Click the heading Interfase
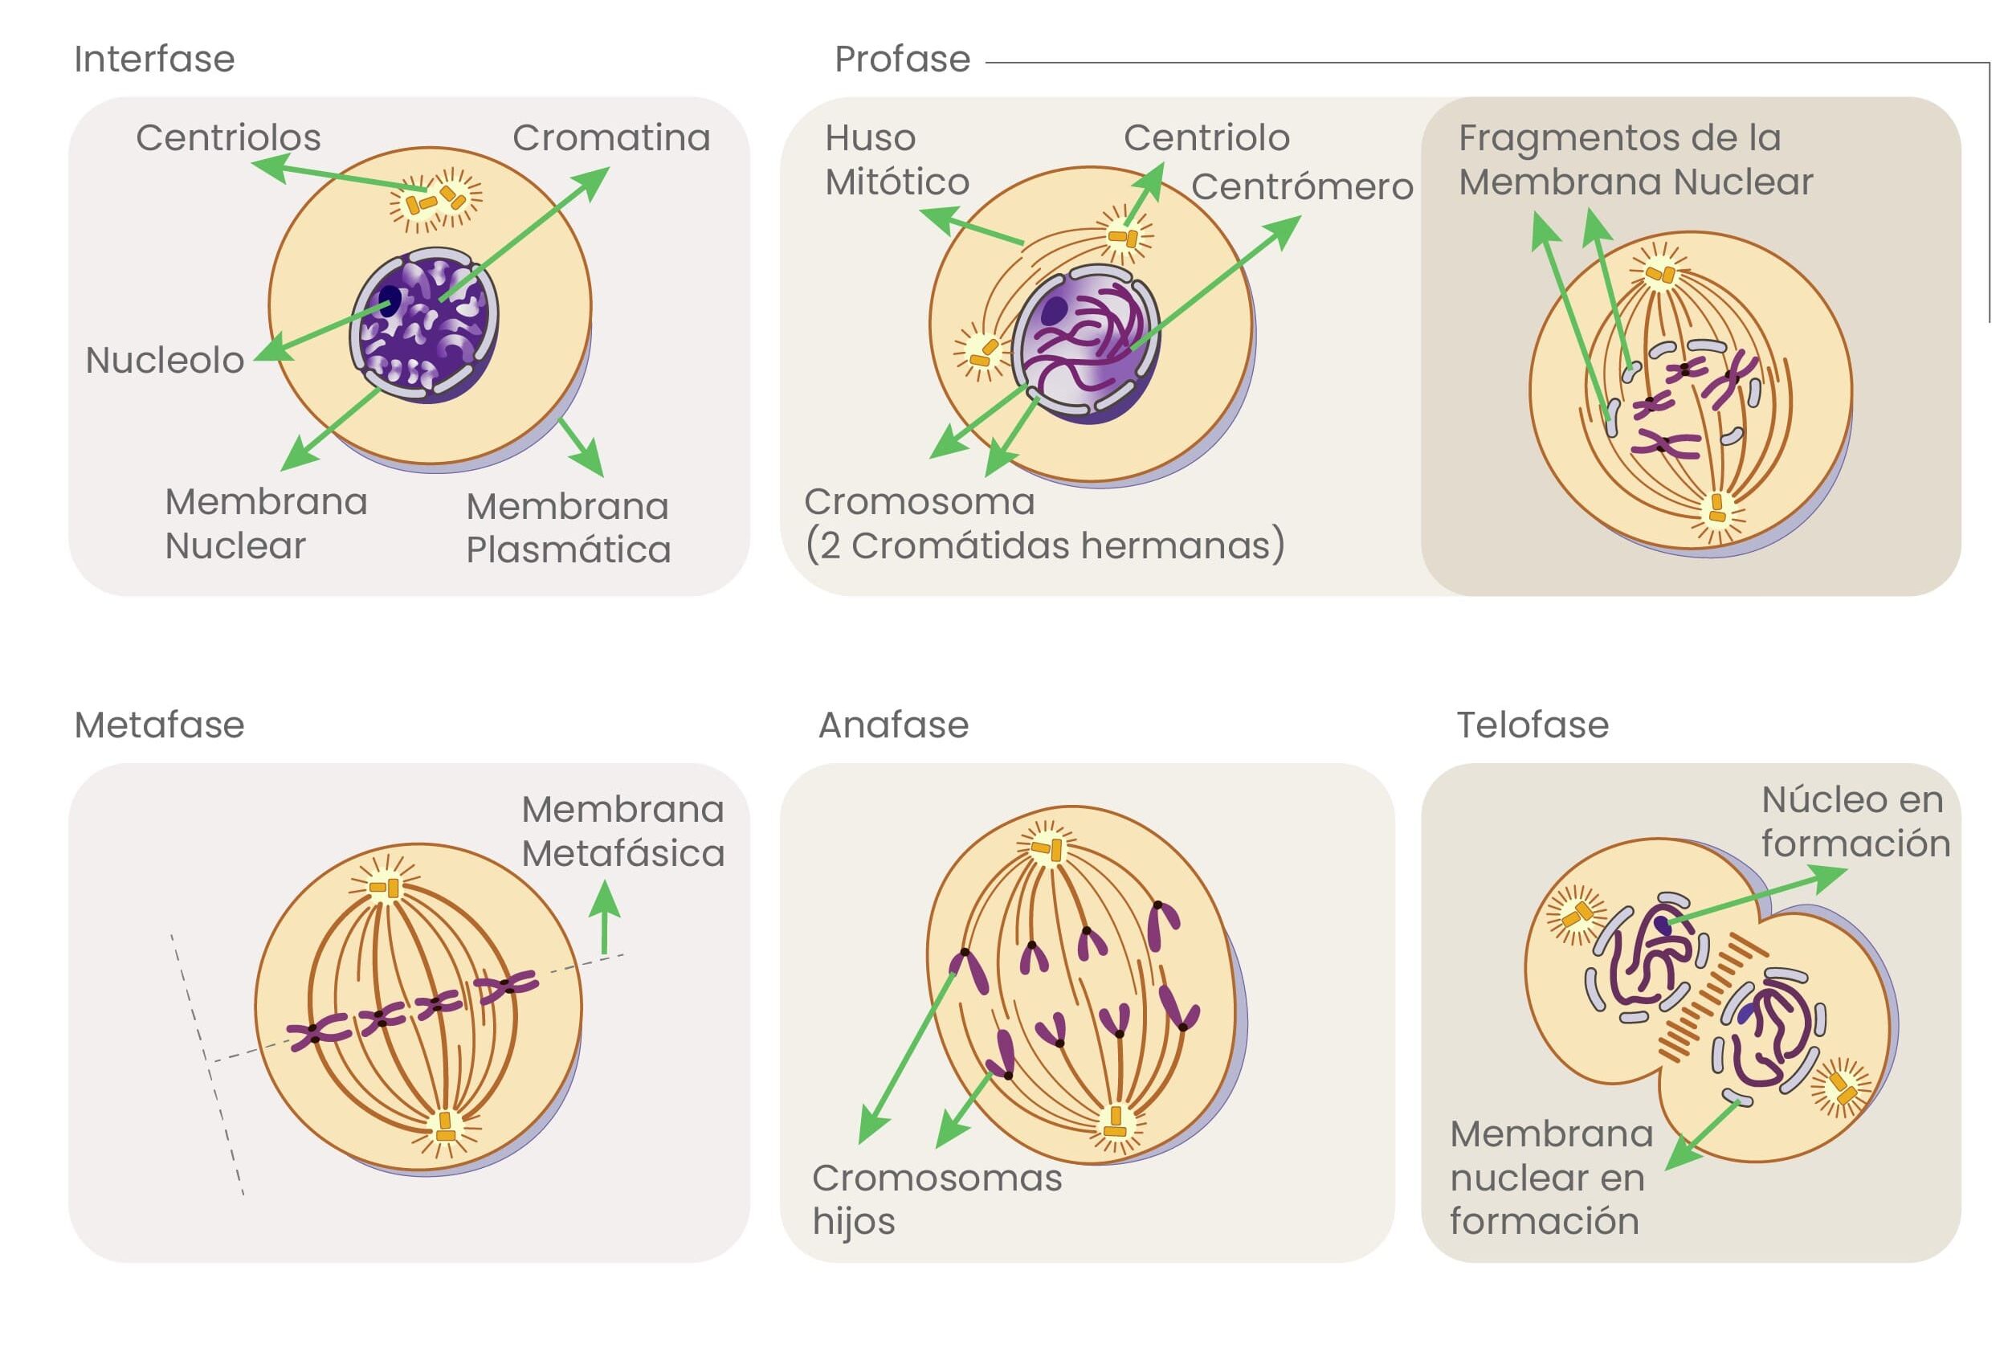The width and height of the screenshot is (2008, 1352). [154, 59]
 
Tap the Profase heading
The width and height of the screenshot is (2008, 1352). [902, 59]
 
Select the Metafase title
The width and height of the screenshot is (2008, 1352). [160, 725]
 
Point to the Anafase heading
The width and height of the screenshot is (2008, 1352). [893, 725]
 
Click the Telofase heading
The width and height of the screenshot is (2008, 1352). [1532, 725]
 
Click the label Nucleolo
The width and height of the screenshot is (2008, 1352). [165, 361]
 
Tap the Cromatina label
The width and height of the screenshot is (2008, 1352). [611, 138]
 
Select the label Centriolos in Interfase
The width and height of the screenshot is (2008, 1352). [228, 138]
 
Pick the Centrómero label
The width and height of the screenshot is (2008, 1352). [1302, 187]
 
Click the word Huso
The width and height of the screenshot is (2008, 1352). [870, 138]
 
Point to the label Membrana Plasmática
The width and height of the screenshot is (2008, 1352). [568, 528]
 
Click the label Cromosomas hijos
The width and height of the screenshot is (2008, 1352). [937, 1199]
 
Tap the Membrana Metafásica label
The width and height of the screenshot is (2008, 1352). [622, 831]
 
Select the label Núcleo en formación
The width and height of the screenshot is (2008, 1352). [1855, 822]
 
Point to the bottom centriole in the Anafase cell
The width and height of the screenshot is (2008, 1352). [1115, 1121]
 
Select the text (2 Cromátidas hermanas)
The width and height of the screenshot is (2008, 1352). [1045, 545]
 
